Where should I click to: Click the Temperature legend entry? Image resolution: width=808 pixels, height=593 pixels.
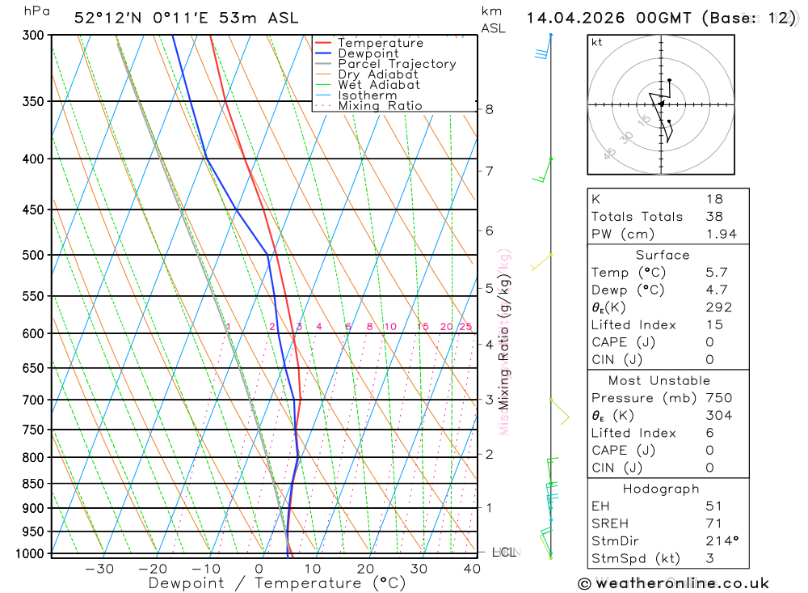tap(380, 43)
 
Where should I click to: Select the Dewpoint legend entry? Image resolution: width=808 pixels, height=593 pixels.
tap(368, 53)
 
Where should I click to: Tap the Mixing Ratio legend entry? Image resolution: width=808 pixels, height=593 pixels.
tap(380, 106)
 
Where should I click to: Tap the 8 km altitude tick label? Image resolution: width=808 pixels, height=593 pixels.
tap(489, 109)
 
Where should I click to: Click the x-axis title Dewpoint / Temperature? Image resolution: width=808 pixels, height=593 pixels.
tap(276, 583)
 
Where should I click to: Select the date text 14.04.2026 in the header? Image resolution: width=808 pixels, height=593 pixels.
tap(575, 18)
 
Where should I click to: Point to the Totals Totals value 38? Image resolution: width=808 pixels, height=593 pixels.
tap(713, 216)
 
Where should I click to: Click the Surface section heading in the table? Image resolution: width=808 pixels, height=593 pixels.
tap(663, 255)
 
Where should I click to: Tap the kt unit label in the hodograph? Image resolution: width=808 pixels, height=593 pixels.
tap(596, 42)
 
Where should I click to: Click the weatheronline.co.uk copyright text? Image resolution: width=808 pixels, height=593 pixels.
tap(673, 583)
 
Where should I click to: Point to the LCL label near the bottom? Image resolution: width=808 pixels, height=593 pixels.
tap(503, 553)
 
